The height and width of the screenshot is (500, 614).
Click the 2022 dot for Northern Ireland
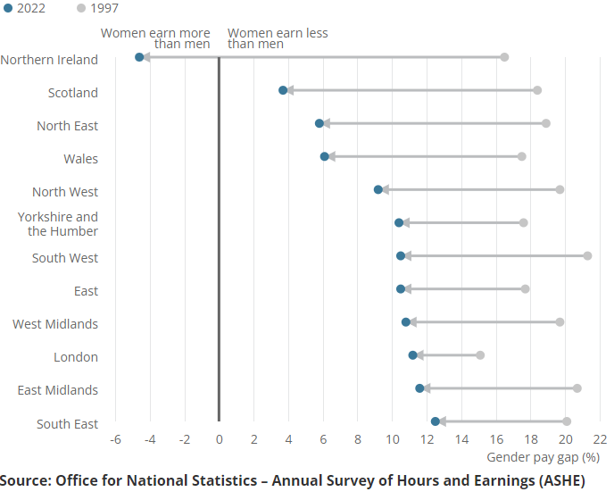(139, 57)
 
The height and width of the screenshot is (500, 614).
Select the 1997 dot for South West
(587, 256)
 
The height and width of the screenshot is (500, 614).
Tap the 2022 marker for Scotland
(283, 90)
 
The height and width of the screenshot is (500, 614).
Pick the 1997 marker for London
(480, 355)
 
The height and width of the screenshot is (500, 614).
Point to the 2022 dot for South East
(435, 421)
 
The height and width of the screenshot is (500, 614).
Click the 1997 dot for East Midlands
(577, 388)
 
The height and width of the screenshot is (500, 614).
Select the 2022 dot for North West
(378, 189)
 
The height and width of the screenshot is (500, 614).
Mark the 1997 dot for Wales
(522, 157)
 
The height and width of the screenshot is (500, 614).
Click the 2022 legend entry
(25, 8)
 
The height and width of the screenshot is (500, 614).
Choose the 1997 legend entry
(97, 8)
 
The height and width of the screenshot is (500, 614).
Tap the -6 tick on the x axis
(115, 439)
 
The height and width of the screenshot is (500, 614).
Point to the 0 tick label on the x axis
(219, 439)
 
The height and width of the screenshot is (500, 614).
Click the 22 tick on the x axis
(600, 439)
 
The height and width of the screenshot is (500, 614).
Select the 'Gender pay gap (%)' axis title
(543, 457)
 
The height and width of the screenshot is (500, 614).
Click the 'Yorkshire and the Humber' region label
(58, 224)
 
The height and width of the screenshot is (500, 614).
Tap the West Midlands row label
(55, 324)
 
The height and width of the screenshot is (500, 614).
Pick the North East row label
(67, 126)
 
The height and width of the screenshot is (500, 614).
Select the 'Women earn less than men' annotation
(278, 38)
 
